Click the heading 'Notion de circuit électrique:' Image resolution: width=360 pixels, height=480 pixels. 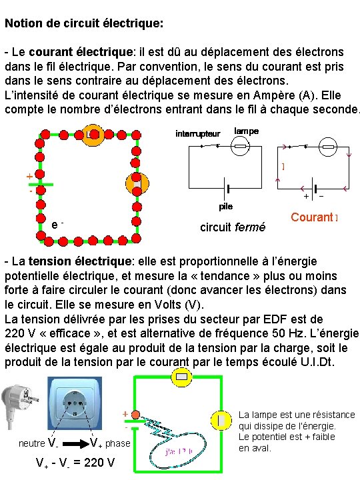click(x=83, y=23)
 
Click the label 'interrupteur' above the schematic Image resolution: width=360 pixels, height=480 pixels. click(x=197, y=133)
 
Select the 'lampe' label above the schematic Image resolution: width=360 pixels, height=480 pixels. click(x=247, y=131)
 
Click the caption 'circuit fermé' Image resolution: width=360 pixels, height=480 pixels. click(x=233, y=228)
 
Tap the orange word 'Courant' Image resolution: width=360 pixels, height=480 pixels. click(x=311, y=217)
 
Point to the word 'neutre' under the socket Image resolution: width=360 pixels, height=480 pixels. click(x=31, y=443)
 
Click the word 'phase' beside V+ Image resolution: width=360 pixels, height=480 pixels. click(x=118, y=443)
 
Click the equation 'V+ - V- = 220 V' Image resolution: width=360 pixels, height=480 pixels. click(x=75, y=463)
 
